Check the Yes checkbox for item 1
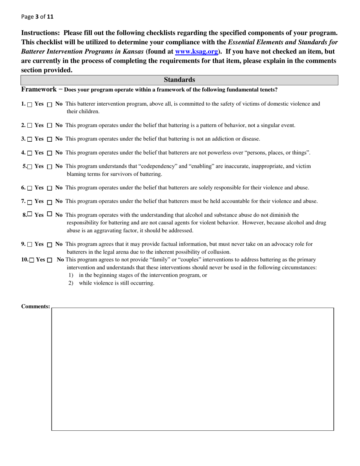(x=30, y=105)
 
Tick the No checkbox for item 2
(x=50, y=126)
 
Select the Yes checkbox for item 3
(x=30, y=139)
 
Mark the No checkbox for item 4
(x=50, y=153)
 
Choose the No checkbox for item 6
(x=50, y=188)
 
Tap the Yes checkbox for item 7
(x=30, y=202)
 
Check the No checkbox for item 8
(x=50, y=214)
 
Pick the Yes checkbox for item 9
(x=30, y=245)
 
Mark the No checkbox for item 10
(x=50, y=260)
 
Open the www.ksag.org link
(x=196, y=52)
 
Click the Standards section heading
(x=179, y=80)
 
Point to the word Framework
(x=39, y=89)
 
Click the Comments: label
(x=35, y=306)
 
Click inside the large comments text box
(x=193, y=369)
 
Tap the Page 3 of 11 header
(x=37, y=17)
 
